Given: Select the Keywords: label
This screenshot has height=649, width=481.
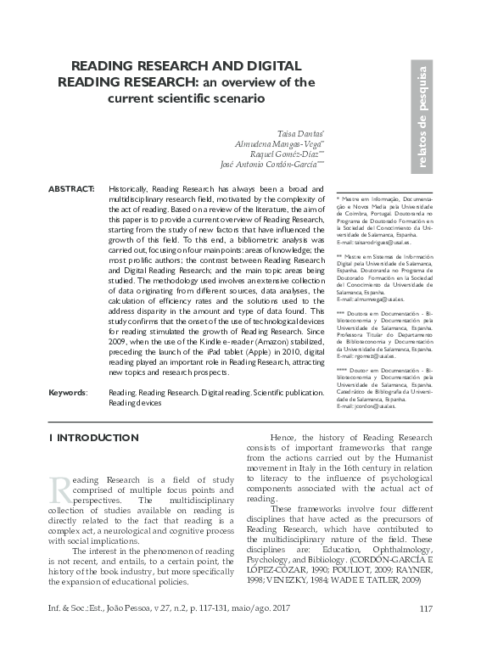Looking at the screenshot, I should [67, 393].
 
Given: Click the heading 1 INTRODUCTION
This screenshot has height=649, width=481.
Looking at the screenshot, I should [93, 438].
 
